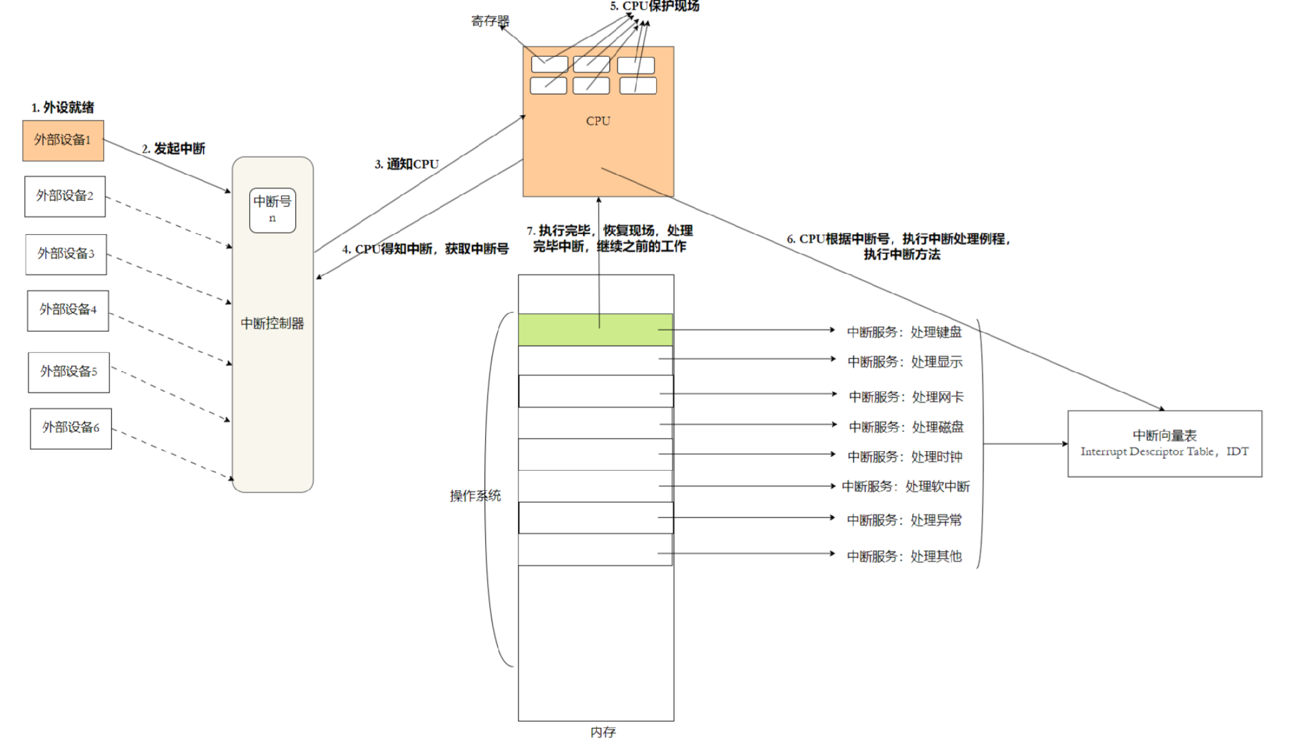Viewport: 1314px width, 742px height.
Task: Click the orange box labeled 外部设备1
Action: (63, 140)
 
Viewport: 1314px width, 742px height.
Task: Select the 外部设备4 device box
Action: (67, 310)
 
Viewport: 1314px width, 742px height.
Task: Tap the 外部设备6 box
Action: (71, 428)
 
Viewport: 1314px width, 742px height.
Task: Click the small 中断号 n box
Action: (273, 210)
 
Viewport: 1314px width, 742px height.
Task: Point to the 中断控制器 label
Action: (273, 324)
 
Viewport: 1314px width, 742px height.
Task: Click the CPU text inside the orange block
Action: (598, 121)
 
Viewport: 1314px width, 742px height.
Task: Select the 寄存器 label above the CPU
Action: (490, 21)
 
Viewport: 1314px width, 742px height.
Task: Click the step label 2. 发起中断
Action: (173, 149)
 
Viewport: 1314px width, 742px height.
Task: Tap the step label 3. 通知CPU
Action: (407, 164)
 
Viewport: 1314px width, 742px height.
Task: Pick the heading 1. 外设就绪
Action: (62, 107)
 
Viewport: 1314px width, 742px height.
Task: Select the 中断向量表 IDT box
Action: (1164, 444)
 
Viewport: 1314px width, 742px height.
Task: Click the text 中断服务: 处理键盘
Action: (904, 332)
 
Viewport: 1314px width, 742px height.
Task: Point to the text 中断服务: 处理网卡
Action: (906, 397)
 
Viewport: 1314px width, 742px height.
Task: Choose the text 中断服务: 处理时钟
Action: (905, 457)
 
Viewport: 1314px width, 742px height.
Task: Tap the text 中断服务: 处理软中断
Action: (906, 486)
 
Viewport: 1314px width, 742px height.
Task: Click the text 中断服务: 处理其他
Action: (904, 556)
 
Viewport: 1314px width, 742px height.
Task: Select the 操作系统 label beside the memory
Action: (475, 496)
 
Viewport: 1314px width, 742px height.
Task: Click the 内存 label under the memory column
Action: (602, 732)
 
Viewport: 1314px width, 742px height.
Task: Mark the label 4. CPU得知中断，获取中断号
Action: (425, 249)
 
